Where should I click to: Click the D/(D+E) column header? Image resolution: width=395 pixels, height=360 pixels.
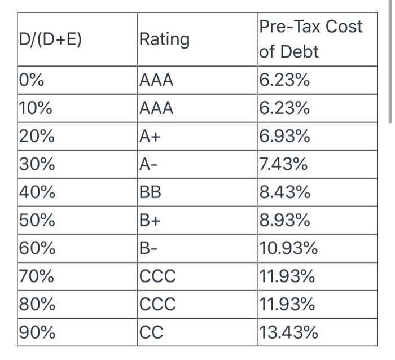point(51,39)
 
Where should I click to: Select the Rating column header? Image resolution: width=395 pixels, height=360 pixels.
point(164,39)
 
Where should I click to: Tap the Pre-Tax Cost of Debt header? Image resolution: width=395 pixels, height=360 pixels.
point(310,39)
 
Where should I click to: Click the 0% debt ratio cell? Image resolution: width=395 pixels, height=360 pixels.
point(32,81)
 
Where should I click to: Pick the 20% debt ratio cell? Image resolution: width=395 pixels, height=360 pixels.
point(37,137)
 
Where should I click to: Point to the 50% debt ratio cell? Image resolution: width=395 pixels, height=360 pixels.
point(37,221)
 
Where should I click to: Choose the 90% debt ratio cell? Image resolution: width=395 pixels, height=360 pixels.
point(37,333)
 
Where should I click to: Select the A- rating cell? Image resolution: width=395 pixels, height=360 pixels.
point(150,165)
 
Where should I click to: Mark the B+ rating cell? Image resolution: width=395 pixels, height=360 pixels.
point(151,221)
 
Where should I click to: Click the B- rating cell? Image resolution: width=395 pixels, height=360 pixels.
point(150,249)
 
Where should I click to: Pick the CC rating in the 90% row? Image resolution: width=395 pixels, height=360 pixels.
point(151,333)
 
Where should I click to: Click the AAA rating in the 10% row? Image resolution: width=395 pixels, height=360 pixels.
point(156,108)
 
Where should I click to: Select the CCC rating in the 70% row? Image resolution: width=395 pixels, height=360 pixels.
point(157,277)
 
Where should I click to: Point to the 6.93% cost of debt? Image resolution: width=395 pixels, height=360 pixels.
point(284,137)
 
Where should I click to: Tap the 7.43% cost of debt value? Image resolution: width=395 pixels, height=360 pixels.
point(284,165)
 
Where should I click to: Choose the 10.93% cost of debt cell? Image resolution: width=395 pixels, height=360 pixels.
point(288,249)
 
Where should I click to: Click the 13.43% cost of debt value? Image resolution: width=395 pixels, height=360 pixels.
point(288,333)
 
